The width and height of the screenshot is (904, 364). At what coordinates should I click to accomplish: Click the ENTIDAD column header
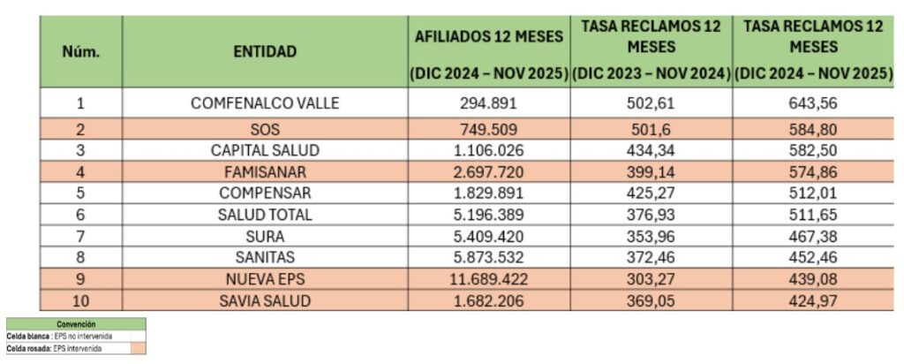click(x=265, y=51)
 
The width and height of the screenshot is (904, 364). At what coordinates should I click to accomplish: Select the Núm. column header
click(x=80, y=51)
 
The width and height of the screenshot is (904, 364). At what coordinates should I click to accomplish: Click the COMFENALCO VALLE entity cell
click(x=265, y=103)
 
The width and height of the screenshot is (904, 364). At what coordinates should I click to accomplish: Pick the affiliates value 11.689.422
click(x=488, y=281)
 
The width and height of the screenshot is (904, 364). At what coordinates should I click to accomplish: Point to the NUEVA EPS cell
click(x=265, y=281)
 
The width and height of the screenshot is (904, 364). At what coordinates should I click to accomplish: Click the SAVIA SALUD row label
click(x=265, y=301)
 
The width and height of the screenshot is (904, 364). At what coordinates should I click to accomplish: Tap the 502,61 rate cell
click(x=652, y=103)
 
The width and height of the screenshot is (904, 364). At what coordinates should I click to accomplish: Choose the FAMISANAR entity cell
click(x=265, y=170)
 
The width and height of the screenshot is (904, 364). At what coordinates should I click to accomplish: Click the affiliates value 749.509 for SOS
click(x=488, y=130)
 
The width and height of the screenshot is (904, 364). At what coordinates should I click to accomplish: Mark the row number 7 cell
click(x=80, y=236)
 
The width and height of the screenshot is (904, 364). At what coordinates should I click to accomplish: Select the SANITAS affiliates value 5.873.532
click(x=488, y=258)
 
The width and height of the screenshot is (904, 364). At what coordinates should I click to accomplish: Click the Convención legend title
click(x=76, y=324)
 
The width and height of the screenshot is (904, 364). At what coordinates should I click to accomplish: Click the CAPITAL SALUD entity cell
click(x=265, y=150)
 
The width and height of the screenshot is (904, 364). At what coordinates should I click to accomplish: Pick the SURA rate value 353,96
click(x=652, y=236)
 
